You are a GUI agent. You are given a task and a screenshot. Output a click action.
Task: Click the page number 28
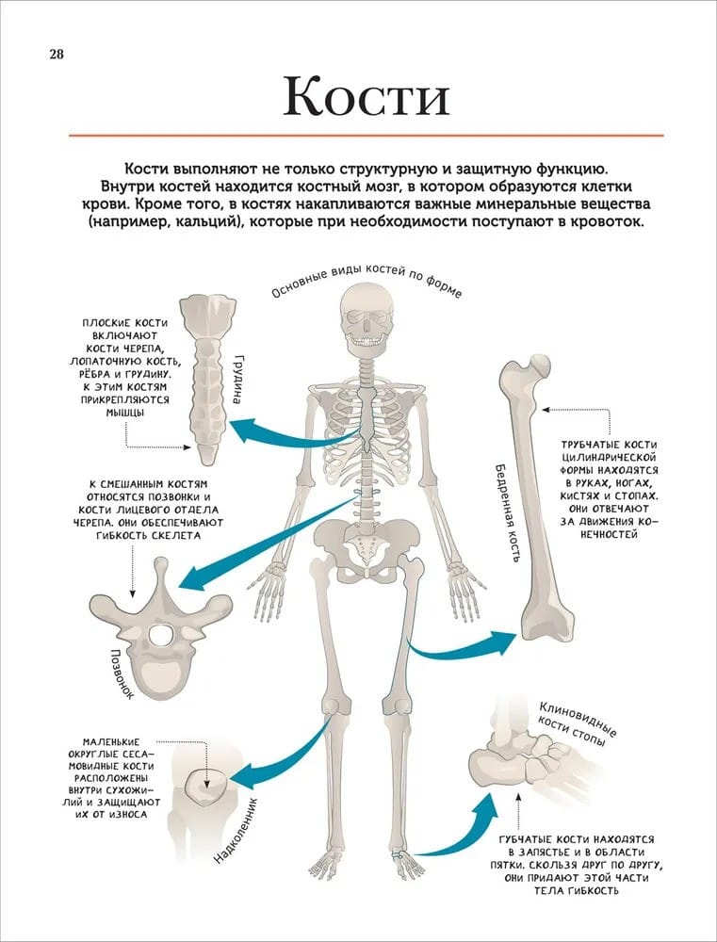coord(57,55)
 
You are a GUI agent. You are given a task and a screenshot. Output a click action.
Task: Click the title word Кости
coord(366,96)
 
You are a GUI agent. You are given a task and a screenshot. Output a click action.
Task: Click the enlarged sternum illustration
coord(208,379)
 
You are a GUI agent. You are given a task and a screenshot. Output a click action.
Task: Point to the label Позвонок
coord(122,674)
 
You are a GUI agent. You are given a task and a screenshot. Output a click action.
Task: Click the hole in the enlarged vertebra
coord(160,636)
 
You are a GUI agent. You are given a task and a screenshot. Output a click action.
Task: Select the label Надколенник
coord(235,831)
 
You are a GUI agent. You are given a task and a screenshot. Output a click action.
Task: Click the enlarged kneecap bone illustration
coord(205,787)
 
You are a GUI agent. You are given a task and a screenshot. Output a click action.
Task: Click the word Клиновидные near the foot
coord(578,719)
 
